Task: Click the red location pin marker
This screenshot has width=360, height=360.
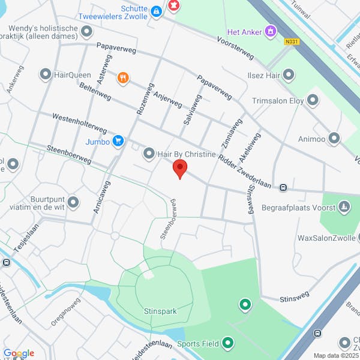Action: click(179, 169)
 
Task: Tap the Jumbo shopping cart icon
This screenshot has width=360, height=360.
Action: click(118, 142)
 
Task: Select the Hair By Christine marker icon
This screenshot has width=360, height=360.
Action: click(149, 154)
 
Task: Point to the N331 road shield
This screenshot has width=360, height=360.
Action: click(292, 41)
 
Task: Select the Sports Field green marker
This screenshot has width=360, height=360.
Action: click(227, 344)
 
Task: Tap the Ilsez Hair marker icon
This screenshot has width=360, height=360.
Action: click(289, 75)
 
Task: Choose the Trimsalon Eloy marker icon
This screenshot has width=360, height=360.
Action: click(313, 100)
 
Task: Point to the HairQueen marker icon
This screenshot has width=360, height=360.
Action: click(46, 75)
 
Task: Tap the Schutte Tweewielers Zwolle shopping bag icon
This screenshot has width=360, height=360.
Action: click(156, 11)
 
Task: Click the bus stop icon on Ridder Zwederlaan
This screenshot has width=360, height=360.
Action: click(283, 187)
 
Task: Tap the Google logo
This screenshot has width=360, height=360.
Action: click(19, 353)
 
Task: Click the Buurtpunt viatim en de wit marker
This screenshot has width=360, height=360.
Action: click(74, 202)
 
